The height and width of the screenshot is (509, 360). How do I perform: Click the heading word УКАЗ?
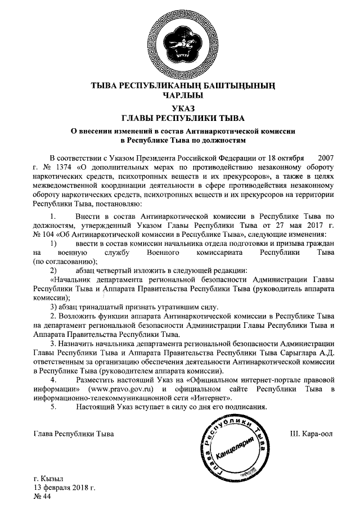(x=179, y=108)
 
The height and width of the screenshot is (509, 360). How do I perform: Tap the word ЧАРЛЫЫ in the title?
(x=179, y=96)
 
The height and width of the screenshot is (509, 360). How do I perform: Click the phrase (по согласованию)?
(x=66, y=261)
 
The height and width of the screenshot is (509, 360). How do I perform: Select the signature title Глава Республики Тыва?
(x=74, y=434)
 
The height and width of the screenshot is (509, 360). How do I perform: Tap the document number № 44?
(x=43, y=497)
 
